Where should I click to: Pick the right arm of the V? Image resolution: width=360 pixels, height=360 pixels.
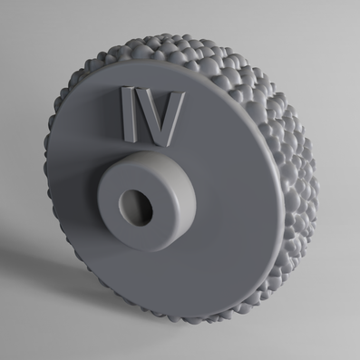coord(174,111)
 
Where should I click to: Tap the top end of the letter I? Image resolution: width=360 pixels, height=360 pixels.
coord(128,91)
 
